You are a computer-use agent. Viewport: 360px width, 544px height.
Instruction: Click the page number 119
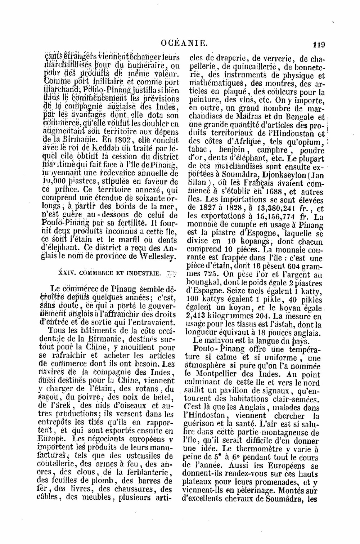pyautogui.click(x=319, y=45)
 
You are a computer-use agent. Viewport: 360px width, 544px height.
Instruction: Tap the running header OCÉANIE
pyautogui.click(x=184, y=44)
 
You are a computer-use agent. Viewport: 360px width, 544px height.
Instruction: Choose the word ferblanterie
pyautogui.click(x=138, y=473)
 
